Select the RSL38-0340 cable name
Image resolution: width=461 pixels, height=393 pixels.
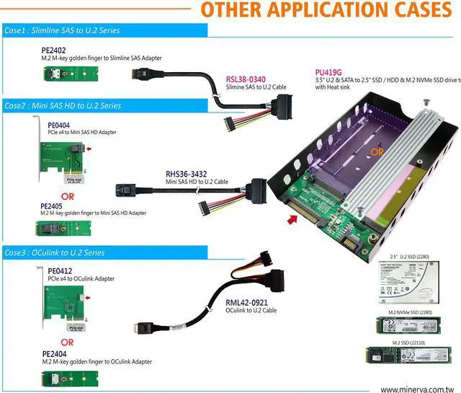[246, 79]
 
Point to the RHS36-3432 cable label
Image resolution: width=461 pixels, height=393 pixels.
[187, 174]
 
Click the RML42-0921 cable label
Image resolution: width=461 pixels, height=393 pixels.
[247, 301]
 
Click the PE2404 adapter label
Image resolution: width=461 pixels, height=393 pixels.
[55, 354]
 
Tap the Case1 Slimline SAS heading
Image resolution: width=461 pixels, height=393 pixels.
[62, 31]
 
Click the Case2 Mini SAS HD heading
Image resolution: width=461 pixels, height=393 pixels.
[63, 106]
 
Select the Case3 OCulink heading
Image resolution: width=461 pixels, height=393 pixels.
[55, 253]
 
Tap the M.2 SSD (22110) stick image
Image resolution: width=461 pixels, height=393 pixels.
[408, 356]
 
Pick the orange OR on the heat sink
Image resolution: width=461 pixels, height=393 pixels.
[376, 151]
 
